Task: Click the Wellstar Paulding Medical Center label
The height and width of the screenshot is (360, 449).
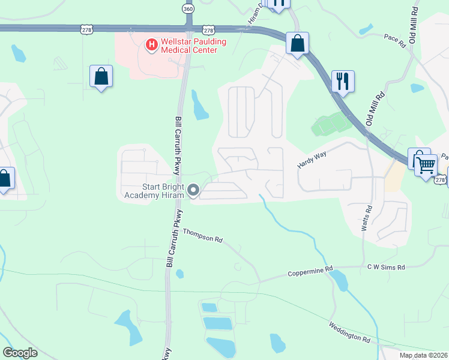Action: pos(189,45)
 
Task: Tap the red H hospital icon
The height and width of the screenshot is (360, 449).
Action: pos(151,44)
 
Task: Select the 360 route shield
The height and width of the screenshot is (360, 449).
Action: pos(188,9)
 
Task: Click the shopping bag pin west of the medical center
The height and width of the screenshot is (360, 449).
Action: pos(101,76)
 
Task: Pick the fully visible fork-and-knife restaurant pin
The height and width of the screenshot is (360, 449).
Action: pos(343,81)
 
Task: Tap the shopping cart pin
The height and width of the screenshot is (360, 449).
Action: pos(426,164)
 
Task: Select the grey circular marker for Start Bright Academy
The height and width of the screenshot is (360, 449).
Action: pos(193,191)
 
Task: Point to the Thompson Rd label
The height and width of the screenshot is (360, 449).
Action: pos(202,235)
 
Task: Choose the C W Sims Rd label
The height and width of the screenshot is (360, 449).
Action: pos(387,267)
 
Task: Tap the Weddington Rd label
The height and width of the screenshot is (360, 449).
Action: pos(349,332)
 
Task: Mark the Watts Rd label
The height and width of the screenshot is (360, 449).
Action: pos(367,218)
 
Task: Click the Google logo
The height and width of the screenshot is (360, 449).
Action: pos(20,352)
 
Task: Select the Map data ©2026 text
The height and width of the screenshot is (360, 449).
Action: pos(423,355)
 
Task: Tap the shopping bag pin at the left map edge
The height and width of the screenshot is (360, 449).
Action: pos(5,178)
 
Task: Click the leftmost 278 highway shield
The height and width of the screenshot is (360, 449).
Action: pos(86,29)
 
